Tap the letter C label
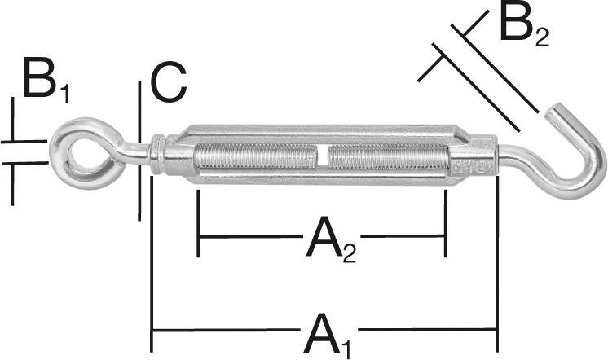pos(169,83)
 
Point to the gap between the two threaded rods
pos(323,155)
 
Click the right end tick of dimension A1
pos(496,330)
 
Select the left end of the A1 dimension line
pos(152,330)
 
